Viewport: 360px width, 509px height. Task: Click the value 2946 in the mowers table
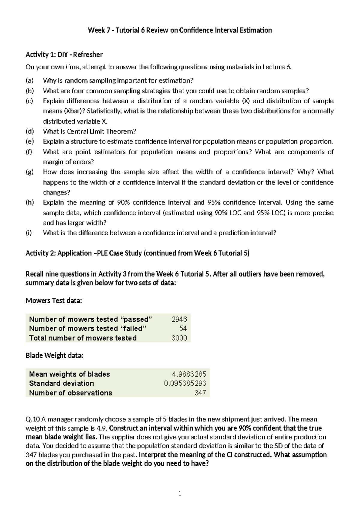179,319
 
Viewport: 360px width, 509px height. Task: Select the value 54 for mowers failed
183,329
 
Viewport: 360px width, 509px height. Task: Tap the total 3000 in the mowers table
179,338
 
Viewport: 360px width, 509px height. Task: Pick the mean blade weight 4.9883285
189,374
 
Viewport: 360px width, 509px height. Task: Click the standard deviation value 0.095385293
185,383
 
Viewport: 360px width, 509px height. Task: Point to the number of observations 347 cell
200,393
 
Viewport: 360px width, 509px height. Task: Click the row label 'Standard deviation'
61,383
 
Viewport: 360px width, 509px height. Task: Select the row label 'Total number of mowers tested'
83,338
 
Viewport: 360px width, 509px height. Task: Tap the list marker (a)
30,80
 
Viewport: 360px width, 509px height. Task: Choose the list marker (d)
30,131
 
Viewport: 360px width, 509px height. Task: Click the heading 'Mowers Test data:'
54,301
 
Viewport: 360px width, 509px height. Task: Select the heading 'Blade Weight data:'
54,356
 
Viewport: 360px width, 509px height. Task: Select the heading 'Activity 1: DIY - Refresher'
64,55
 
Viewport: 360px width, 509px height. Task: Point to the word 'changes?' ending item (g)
55,192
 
